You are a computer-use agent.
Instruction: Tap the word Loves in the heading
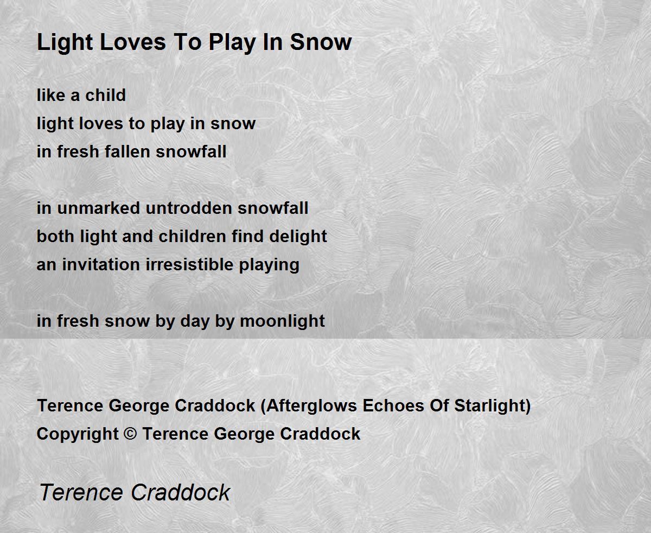pos(133,42)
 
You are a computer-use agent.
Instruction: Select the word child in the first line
pos(106,95)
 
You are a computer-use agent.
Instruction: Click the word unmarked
pos(99,208)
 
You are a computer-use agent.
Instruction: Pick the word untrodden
pos(189,208)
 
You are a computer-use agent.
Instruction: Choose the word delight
pos(298,236)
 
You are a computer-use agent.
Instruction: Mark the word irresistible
pos(189,265)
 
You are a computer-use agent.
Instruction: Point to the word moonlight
pos(283,321)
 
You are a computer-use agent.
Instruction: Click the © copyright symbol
pos(130,434)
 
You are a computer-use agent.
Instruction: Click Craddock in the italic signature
pos(181,492)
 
